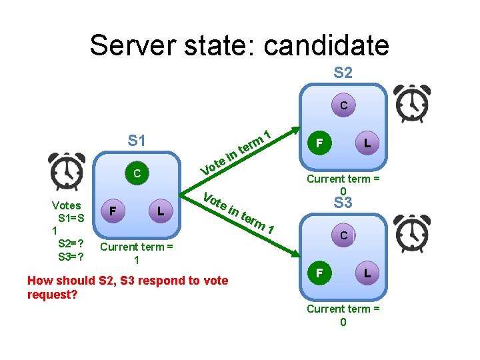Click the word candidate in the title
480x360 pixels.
pos(326,45)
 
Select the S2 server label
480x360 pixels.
pos(343,73)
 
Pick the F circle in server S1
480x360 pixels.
pos(114,211)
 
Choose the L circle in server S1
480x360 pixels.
pos(160,211)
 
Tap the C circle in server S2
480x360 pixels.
pos(343,105)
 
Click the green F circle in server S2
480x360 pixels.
pos(320,143)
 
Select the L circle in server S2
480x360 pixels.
pos(367,143)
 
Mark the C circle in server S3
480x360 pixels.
pos(343,235)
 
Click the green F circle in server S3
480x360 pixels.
pos(320,273)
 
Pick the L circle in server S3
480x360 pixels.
pos(367,273)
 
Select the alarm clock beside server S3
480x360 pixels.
pos(413,233)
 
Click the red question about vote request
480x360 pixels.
pos(127,287)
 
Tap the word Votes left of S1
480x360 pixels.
pos(67,205)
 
